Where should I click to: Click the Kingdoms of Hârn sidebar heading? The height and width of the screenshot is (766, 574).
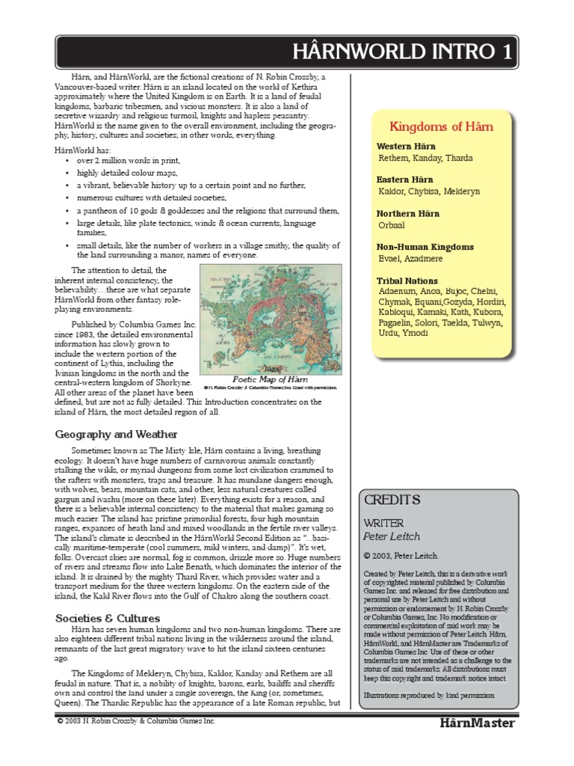coord(441,126)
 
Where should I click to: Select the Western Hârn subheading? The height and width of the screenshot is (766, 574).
coord(406,147)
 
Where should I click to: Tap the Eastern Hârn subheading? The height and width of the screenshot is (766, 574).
coord(405,180)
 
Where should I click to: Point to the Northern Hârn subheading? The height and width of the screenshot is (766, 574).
coord(408,214)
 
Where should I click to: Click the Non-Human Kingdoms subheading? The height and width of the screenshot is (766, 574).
coord(425,247)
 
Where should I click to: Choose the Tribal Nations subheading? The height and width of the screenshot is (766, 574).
coord(407,281)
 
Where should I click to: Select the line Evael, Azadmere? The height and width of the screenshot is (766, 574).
coord(411,259)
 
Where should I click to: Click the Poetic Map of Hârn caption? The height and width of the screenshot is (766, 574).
coord(270,379)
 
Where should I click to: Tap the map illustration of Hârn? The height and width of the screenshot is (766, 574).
coord(270,319)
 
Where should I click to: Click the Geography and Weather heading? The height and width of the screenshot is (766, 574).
coord(115,434)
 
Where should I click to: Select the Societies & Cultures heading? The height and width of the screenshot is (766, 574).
coord(108,618)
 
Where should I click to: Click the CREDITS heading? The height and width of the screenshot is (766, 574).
coord(392,500)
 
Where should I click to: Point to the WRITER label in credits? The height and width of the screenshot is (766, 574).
coord(383,522)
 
